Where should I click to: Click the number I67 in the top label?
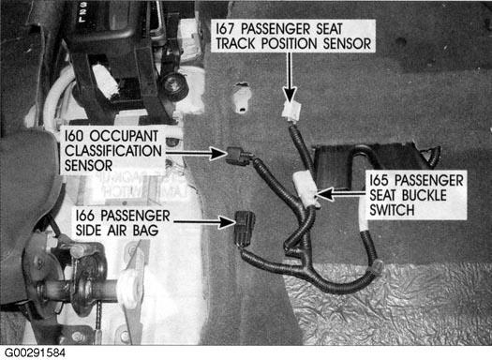(225, 29)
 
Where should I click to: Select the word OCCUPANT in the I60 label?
(124, 136)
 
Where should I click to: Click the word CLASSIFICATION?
(113, 151)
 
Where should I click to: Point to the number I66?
(84, 216)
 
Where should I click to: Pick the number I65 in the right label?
(379, 181)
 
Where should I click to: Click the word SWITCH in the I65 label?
(392, 210)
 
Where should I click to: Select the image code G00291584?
(35, 352)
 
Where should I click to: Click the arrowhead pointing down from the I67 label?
(290, 94)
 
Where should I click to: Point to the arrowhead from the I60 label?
(218, 154)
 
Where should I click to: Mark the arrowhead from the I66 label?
(227, 222)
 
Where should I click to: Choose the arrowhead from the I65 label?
(325, 194)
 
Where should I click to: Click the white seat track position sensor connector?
(291, 112)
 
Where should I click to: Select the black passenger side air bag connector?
(245, 228)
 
